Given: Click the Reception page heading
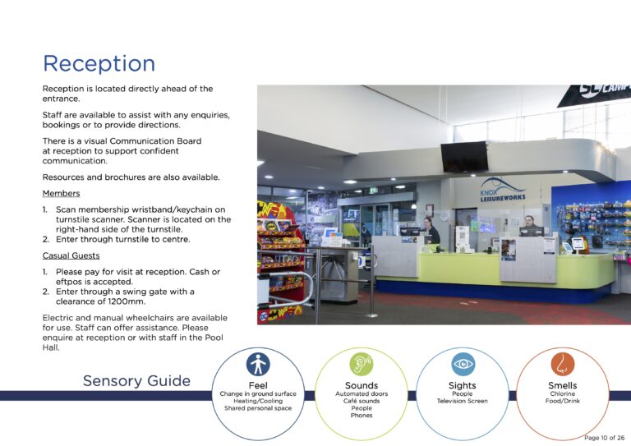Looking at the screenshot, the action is click(x=99, y=63).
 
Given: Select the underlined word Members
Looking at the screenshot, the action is click(x=61, y=194).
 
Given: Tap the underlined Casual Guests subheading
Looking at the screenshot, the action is click(x=71, y=255).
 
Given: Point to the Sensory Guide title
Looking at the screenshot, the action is click(x=136, y=380).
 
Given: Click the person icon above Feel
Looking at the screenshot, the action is click(x=258, y=365).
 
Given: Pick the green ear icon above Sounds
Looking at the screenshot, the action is click(x=362, y=365).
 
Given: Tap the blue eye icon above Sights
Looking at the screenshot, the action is click(x=463, y=365).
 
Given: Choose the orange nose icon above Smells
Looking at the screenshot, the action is click(x=563, y=365).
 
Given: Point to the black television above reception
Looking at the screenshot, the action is click(x=464, y=157).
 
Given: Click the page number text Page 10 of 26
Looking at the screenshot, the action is click(x=604, y=438).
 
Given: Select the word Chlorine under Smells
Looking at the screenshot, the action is click(x=563, y=393).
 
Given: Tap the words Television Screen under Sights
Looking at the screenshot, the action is click(x=463, y=401).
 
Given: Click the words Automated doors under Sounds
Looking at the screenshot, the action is click(x=362, y=393).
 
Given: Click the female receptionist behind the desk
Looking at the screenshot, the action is click(x=431, y=231).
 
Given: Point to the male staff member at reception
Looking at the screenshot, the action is click(x=531, y=225).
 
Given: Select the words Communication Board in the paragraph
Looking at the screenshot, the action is click(x=155, y=141).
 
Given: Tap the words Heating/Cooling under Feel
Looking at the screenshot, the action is click(x=258, y=401).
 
